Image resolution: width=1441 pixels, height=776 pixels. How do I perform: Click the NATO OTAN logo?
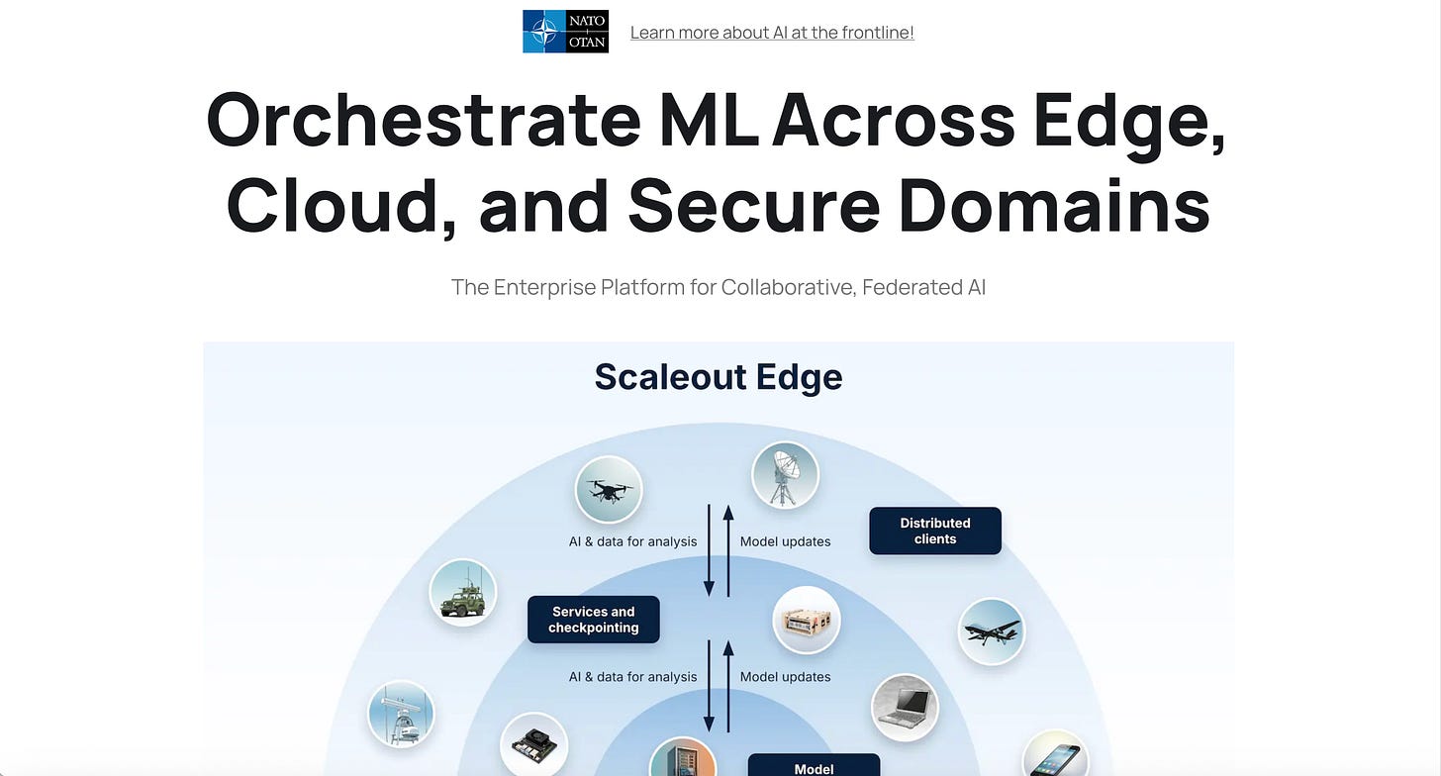(565, 32)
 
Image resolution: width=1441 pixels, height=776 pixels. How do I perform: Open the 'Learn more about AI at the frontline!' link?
(772, 33)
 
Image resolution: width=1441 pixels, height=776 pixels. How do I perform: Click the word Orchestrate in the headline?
(424, 121)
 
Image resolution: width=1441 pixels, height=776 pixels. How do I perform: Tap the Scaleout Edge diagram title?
(719, 377)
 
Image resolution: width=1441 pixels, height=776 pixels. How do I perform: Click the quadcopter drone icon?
(609, 489)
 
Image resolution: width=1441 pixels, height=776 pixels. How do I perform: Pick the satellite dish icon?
(785, 475)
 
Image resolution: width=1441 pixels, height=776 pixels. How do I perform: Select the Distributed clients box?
(935, 532)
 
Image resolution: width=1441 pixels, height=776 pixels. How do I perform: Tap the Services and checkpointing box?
(594, 620)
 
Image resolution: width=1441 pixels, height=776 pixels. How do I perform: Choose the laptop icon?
(905, 707)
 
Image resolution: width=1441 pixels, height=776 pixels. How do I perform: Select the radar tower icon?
(401, 714)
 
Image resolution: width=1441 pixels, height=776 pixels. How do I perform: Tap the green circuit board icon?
(533, 744)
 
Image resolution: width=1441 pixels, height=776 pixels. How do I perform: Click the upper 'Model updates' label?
(785, 541)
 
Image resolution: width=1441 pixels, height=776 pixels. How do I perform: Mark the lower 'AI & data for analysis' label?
(632, 677)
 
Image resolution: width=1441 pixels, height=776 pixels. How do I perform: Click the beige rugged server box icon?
(806, 621)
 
